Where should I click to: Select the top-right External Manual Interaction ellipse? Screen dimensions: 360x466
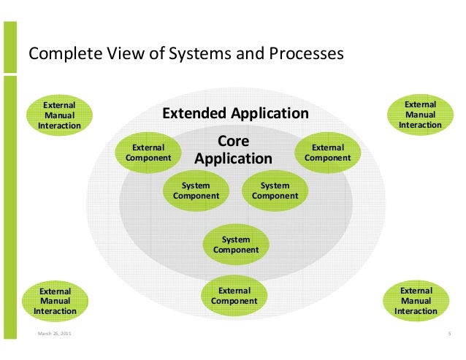tap(420, 115)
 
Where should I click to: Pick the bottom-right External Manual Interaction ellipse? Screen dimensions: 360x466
tap(416, 301)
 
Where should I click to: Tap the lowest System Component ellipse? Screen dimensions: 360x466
tap(235, 245)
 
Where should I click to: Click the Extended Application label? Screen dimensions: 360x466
tap(235, 114)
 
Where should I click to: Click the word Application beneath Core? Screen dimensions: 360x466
tap(233, 158)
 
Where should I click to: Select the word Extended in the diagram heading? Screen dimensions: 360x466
tap(194, 114)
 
